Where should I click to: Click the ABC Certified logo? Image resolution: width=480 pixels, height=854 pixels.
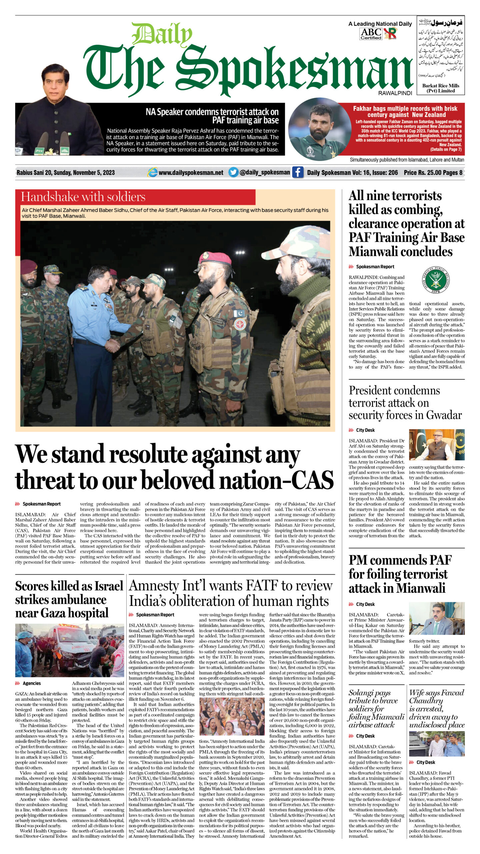coord(371,34)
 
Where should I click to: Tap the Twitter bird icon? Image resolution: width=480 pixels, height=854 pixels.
coord(233,172)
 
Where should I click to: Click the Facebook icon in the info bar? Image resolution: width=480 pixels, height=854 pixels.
coord(298,172)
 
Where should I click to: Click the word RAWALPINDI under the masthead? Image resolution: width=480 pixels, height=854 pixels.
coord(395,93)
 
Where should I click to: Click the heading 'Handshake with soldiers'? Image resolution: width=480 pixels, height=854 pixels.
coord(83,197)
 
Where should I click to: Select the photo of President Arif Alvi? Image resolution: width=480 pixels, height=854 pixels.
coord(436,445)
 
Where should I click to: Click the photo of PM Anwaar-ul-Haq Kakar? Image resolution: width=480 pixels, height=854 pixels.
coord(436,618)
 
